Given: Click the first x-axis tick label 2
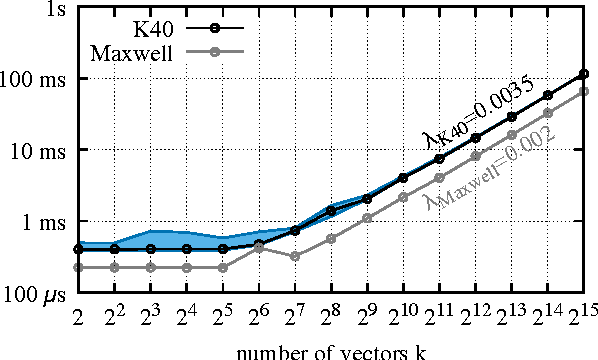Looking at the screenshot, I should pyautogui.click(x=78, y=318).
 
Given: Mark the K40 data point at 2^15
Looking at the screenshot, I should pyautogui.click(x=585, y=74).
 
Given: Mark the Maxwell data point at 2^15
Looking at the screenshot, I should pyautogui.click(x=585, y=91).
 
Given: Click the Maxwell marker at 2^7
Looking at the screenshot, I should pyautogui.click(x=295, y=256).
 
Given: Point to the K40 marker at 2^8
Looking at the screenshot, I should pyautogui.click(x=331, y=211).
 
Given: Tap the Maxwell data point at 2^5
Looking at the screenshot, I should pyautogui.click(x=222, y=267).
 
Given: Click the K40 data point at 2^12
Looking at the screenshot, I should pyautogui.click(x=476, y=138).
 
